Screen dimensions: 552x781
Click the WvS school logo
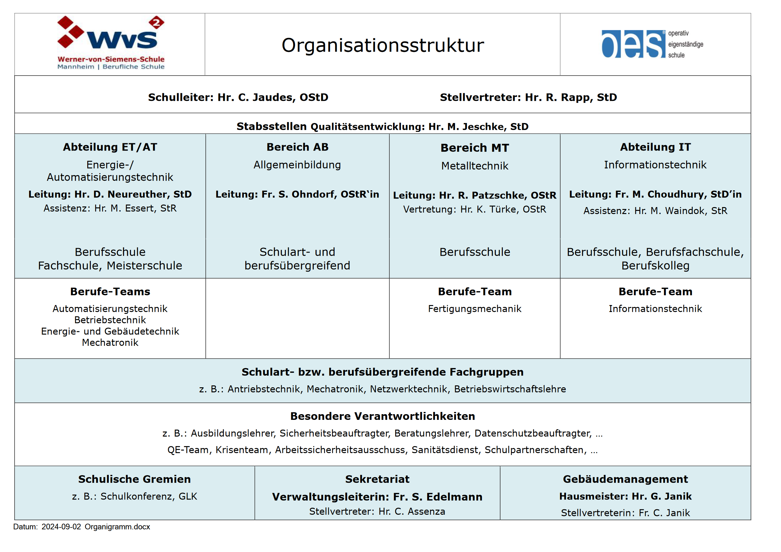click(x=111, y=42)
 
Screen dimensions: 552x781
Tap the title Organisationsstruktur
click(x=382, y=45)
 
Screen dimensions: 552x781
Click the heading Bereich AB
click(x=297, y=147)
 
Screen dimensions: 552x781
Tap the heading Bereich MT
click(x=475, y=148)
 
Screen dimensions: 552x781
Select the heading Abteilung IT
click(x=655, y=147)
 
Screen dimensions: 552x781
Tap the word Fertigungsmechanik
click(x=475, y=309)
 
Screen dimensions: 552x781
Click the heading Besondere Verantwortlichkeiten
click(x=382, y=416)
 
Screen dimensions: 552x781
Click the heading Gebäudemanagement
click(x=625, y=479)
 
